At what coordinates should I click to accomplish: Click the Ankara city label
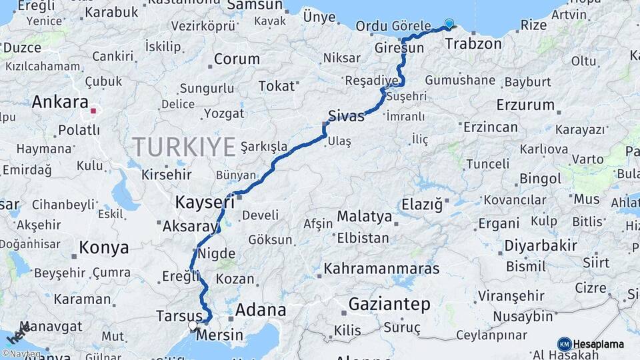(x=60, y=103)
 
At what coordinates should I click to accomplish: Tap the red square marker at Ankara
(x=94, y=111)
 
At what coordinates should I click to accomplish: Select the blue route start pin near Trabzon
(x=449, y=24)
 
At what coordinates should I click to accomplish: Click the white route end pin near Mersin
(x=193, y=325)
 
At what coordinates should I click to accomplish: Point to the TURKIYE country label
(x=183, y=146)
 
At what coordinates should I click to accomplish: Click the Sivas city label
(x=346, y=116)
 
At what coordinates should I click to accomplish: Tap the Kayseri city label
(x=205, y=201)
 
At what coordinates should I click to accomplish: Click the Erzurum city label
(x=525, y=105)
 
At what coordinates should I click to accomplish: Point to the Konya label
(x=103, y=248)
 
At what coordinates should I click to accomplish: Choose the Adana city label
(x=261, y=309)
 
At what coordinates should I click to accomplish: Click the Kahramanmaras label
(x=381, y=268)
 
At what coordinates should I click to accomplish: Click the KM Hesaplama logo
(x=591, y=344)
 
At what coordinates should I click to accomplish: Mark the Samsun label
(x=255, y=5)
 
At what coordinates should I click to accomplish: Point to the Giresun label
(x=399, y=49)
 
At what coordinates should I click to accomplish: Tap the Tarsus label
(x=179, y=315)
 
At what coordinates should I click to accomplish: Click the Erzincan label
(x=490, y=127)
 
